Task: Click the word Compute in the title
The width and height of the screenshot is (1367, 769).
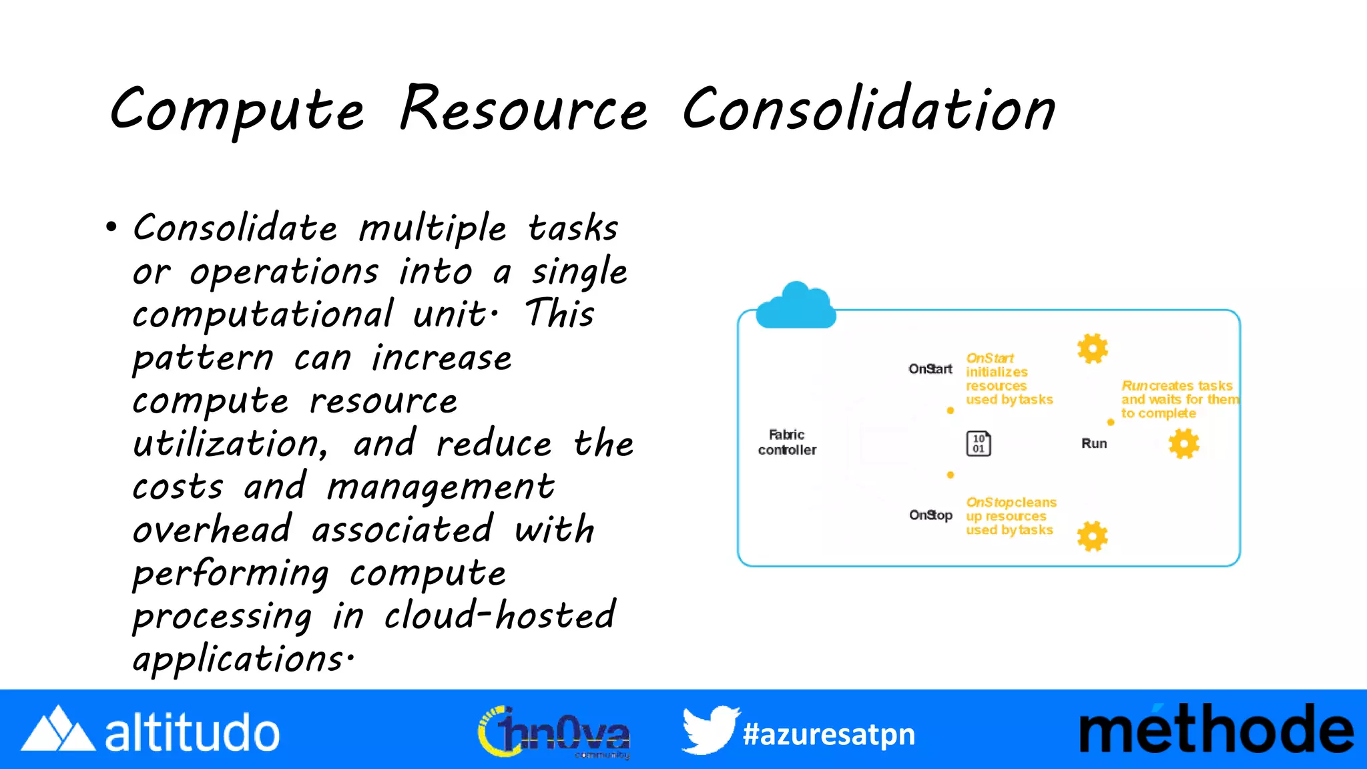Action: click(237, 110)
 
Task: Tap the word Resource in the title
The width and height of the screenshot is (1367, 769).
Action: click(523, 110)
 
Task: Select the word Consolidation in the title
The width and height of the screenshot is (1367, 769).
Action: click(868, 110)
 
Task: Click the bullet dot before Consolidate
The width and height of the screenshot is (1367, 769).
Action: click(111, 228)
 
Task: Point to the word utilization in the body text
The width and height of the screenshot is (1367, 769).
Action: click(229, 444)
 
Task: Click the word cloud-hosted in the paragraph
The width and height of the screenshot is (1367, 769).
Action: click(499, 615)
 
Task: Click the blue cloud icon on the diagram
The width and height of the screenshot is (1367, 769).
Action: click(796, 306)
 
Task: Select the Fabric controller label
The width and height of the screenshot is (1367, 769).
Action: click(787, 443)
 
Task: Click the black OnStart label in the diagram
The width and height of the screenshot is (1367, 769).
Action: click(930, 369)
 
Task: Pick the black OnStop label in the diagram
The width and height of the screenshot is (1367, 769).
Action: click(930, 515)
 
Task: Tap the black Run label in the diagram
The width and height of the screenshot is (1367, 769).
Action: click(1094, 444)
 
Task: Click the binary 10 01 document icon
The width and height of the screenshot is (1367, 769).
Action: click(979, 444)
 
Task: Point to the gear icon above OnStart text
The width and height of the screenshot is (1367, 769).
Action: click(1093, 348)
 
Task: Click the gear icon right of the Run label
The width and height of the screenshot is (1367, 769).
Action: click(1184, 444)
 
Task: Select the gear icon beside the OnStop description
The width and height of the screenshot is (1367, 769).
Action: click(1093, 536)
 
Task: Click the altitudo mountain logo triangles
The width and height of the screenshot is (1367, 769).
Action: click(58, 730)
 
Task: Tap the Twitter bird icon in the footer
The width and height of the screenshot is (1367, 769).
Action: click(710, 730)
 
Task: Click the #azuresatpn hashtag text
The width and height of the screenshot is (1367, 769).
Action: click(829, 734)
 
